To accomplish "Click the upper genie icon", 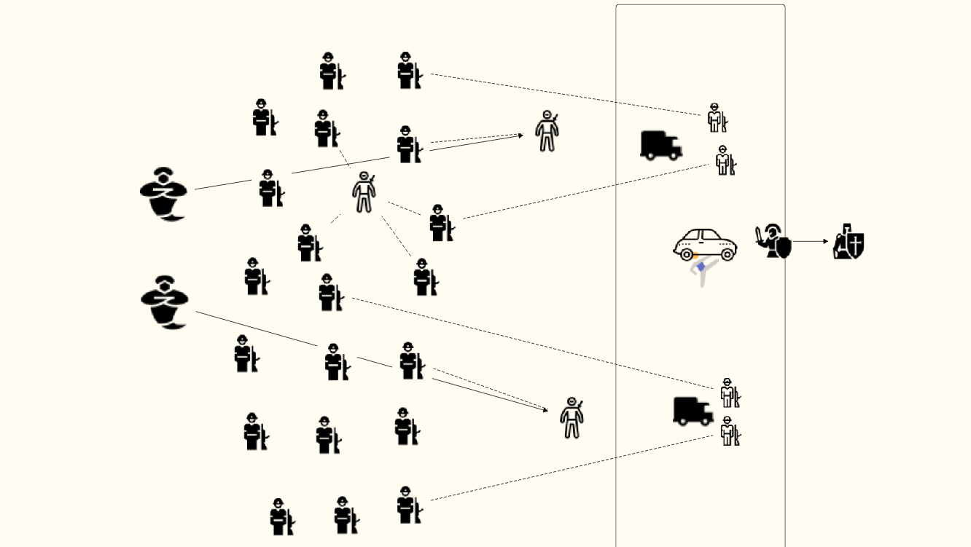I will (x=163, y=194).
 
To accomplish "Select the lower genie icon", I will (x=164, y=302).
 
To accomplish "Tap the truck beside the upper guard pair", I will (x=660, y=145).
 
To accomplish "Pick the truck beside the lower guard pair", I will (x=693, y=411).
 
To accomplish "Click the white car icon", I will (x=704, y=244).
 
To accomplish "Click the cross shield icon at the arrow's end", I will (x=849, y=242).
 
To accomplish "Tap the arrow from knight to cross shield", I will (x=811, y=241).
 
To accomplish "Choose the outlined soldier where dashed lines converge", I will (x=364, y=193).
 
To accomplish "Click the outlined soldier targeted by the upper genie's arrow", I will (x=547, y=132).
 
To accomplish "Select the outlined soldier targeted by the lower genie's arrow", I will (x=572, y=418).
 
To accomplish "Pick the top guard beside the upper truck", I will (x=717, y=117).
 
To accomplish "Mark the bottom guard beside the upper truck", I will (x=723, y=160).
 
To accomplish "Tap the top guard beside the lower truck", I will (x=728, y=393).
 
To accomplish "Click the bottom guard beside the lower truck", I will (x=729, y=431).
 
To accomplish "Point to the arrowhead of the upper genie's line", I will (x=520, y=135).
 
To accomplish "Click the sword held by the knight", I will (x=760, y=235).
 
